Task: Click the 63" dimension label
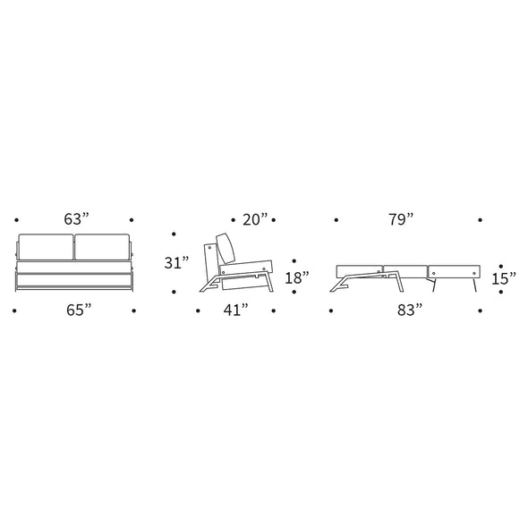(76, 219)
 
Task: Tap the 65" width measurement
(79, 310)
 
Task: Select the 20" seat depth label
(255, 219)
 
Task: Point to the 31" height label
(176, 262)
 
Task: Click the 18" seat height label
(297, 277)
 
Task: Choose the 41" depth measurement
(236, 310)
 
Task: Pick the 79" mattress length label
(401, 219)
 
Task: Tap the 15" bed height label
(504, 278)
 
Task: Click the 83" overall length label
(410, 310)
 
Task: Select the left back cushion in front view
(46, 247)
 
